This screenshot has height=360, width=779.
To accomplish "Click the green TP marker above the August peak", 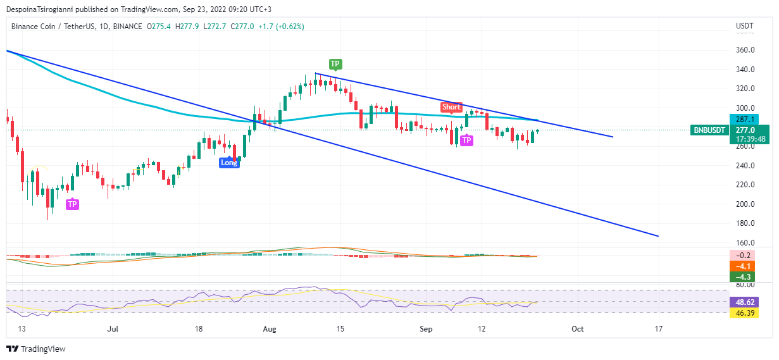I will pyautogui.click(x=335, y=64).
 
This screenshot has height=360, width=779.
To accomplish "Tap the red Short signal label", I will pyautogui.click(x=451, y=107).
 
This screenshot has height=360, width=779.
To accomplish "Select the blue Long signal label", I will pyautogui.click(x=229, y=163).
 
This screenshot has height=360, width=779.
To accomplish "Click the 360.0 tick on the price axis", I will pyautogui.click(x=745, y=50).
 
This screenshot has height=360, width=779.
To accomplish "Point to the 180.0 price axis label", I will pyautogui.click(x=745, y=223).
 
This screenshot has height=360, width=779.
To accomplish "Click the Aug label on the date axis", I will pyautogui.click(x=270, y=329).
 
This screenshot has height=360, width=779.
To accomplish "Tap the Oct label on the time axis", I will pyautogui.click(x=577, y=329).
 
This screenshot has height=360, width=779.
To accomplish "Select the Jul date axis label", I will pyautogui.click(x=113, y=329).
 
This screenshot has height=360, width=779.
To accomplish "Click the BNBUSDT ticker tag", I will pyautogui.click(x=709, y=130).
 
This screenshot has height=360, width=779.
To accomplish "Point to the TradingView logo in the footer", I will pyautogui.click(x=36, y=349).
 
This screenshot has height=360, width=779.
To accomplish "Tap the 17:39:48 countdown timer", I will pyautogui.click(x=751, y=139).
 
